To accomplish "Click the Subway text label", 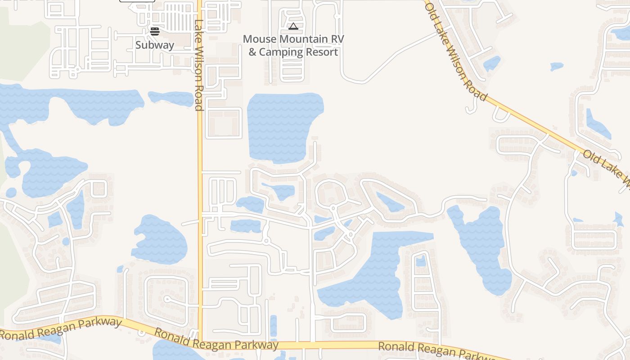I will (154, 45).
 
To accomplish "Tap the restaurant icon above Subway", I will (155, 31).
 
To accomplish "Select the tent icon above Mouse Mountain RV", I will (293, 27).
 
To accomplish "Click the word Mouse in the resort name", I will (260, 39).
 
